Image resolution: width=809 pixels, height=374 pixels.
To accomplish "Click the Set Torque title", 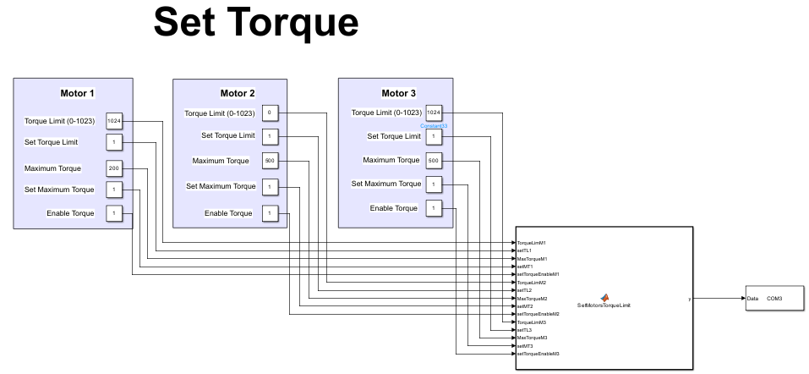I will click(256, 23).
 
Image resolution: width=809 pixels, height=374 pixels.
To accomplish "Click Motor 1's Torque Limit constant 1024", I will click(114, 121).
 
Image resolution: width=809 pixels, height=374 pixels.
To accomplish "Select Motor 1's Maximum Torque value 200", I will click(114, 168).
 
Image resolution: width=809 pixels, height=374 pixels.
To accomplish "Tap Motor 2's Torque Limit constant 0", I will click(269, 113).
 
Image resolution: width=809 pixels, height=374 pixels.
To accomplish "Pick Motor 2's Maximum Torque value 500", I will click(269, 161).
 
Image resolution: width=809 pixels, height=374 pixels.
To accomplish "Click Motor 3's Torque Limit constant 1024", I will click(433, 113).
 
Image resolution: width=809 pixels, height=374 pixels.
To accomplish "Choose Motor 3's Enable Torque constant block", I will click(433, 208).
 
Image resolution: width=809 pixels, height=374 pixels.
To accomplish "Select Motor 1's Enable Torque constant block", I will click(114, 213).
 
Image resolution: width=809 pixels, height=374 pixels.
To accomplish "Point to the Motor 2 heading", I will click(238, 93).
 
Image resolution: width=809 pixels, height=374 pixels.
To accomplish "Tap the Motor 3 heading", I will click(398, 93).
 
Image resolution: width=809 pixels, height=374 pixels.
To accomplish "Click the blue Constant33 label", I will click(434, 126).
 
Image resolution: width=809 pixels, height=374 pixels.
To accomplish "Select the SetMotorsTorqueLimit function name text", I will click(604, 305).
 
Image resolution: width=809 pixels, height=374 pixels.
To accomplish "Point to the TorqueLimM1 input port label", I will click(532, 243).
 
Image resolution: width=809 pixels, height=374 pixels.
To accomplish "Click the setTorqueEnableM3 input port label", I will click(538, 353).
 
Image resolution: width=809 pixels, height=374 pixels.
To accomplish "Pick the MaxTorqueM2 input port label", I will click(533, 298).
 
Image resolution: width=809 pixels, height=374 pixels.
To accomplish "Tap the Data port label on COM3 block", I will click(752, 299).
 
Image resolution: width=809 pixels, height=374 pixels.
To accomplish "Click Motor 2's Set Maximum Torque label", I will click(221, 186).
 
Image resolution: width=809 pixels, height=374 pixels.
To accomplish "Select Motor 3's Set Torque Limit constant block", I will click(433, 136).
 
